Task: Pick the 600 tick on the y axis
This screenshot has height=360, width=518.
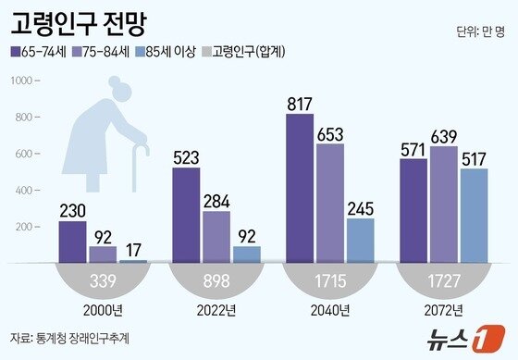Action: tap(21, 154)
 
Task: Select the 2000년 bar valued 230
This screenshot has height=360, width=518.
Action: tap(73, 242)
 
